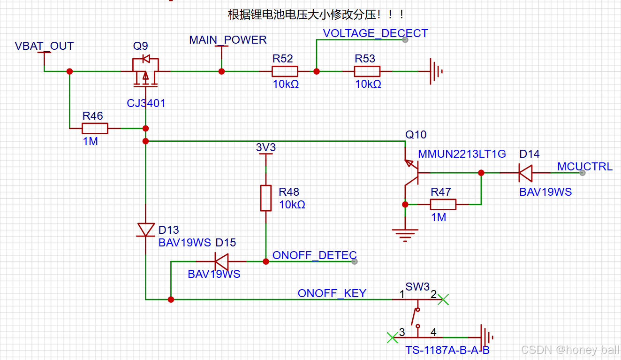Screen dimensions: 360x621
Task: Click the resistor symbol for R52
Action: pos(284,71)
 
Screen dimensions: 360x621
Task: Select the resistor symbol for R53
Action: pos(367,71)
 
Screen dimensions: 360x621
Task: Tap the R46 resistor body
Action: pos(95,128)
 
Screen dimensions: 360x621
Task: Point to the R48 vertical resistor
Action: pos(266,198)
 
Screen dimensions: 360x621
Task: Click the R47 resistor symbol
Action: pos(443,204)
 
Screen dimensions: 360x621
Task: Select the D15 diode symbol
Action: pos(221,261)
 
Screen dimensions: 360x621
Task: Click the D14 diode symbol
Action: pos(525,173)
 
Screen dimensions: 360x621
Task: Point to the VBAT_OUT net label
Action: pos(44,46)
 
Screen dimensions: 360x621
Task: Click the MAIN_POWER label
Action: pos(227,40)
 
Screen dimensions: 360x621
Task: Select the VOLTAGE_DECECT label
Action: pos(375,33)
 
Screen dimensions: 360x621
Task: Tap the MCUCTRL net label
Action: pos(584,167)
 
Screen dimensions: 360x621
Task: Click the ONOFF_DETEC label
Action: pos(314,255)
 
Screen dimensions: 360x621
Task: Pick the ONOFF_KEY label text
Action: pos(332,293)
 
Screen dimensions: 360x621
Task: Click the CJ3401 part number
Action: pos(146,103)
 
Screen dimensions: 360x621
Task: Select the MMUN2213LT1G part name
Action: pos(462,154)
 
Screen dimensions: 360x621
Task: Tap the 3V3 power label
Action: pos(266,148)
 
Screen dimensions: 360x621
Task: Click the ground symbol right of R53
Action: pos(436,72)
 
